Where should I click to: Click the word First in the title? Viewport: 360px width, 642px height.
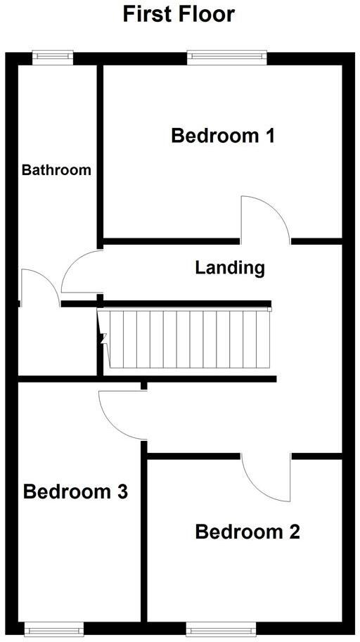tap(150, 13)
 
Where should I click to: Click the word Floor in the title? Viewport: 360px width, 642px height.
tap(207, 13)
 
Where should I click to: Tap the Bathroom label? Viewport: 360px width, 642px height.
tap(56, 169)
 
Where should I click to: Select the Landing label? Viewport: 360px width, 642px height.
tap(230, 267)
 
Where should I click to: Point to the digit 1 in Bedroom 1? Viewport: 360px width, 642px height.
tap(269, 135)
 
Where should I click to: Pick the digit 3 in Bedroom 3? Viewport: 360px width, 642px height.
tap(121, 492)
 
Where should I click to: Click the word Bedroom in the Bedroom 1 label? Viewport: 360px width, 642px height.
tap(214, 135)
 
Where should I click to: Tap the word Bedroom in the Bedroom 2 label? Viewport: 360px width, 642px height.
tap(239, 532)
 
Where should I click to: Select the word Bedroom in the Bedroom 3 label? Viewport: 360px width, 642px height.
tap(67, 492)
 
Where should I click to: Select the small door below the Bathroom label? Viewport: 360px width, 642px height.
tap(38, 288)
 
